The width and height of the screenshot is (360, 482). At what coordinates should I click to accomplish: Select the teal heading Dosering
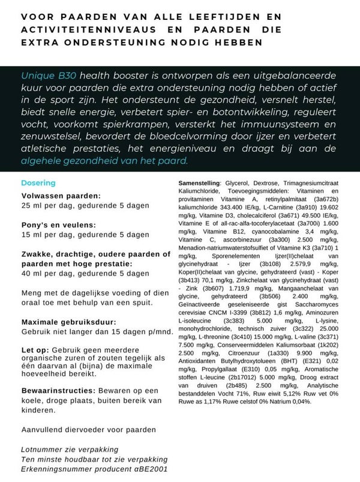(x=38, y=182)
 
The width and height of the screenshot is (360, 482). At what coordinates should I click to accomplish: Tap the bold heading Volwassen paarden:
(x=61, y=195)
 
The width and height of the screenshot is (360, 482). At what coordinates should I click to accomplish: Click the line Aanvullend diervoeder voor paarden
(x=88, y=430)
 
